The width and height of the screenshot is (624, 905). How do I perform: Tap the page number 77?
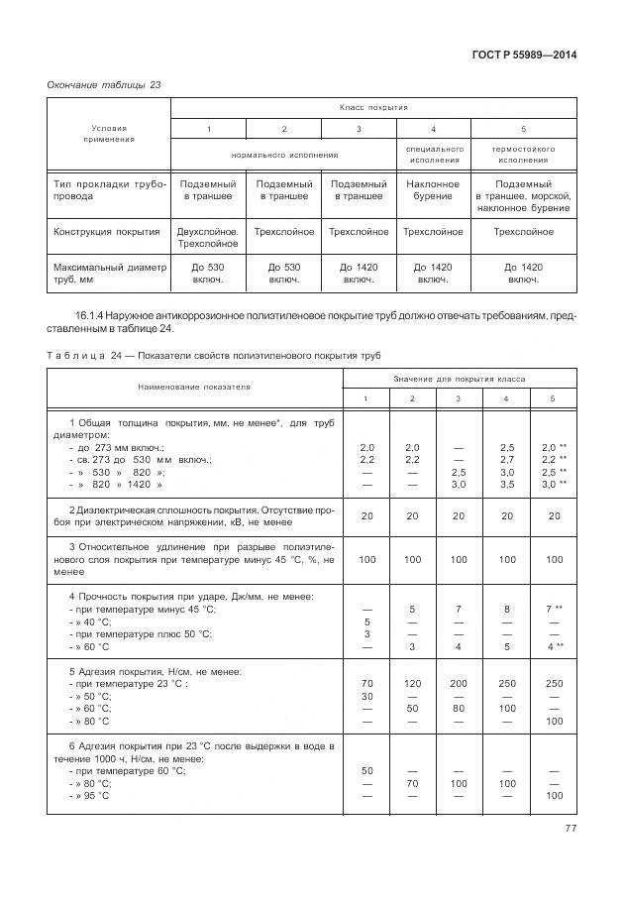569,829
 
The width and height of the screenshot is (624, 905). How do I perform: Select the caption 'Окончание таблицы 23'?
104,85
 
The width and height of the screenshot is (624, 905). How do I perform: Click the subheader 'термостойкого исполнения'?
524,154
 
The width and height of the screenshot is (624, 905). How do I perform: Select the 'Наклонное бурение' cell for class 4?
433,189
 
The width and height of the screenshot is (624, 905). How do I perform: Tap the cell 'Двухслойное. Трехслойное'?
207,237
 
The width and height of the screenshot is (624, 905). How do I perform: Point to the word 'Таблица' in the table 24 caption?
71,356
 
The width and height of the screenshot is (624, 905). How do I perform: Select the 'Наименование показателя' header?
195,387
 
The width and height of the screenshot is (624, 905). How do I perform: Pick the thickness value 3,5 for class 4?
506,486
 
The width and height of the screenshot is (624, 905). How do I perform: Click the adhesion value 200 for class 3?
457,683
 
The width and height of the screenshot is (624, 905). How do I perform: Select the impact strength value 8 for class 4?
506,609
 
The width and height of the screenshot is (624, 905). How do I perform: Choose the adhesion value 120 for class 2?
413,683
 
